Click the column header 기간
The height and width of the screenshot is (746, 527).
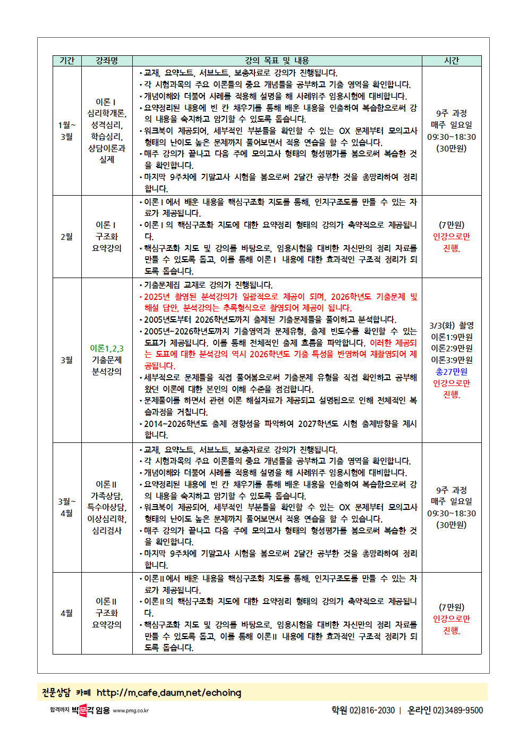tap(67, 61)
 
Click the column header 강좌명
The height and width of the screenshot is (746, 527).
tap(107, 61)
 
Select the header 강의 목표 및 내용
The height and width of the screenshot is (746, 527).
tap(277, 61)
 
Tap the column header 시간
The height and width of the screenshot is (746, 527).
tap(452, 61)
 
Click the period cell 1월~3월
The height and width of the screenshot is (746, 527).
tap(67, 131)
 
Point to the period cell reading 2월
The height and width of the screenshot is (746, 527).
tap(67, 237)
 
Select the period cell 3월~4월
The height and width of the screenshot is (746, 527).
tap(67, 507)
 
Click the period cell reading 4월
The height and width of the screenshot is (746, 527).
tap(67, 613)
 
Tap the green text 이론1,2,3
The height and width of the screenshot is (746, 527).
tap(107, 348)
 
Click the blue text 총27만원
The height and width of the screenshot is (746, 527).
tap(452, 372)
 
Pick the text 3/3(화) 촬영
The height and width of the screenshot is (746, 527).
tap(452, 325)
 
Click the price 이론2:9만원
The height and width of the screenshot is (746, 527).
tap(452, 348)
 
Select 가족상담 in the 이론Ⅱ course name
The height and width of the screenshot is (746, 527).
tap(106, 496)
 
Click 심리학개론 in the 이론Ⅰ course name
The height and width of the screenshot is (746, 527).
tap(106, 113)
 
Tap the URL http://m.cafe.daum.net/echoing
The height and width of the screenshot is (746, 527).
tap(169, 692)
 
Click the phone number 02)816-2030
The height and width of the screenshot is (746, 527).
tap(372, 710)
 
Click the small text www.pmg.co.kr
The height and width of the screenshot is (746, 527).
tap(131, 710)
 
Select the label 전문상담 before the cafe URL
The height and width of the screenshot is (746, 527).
tap(56, 692)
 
